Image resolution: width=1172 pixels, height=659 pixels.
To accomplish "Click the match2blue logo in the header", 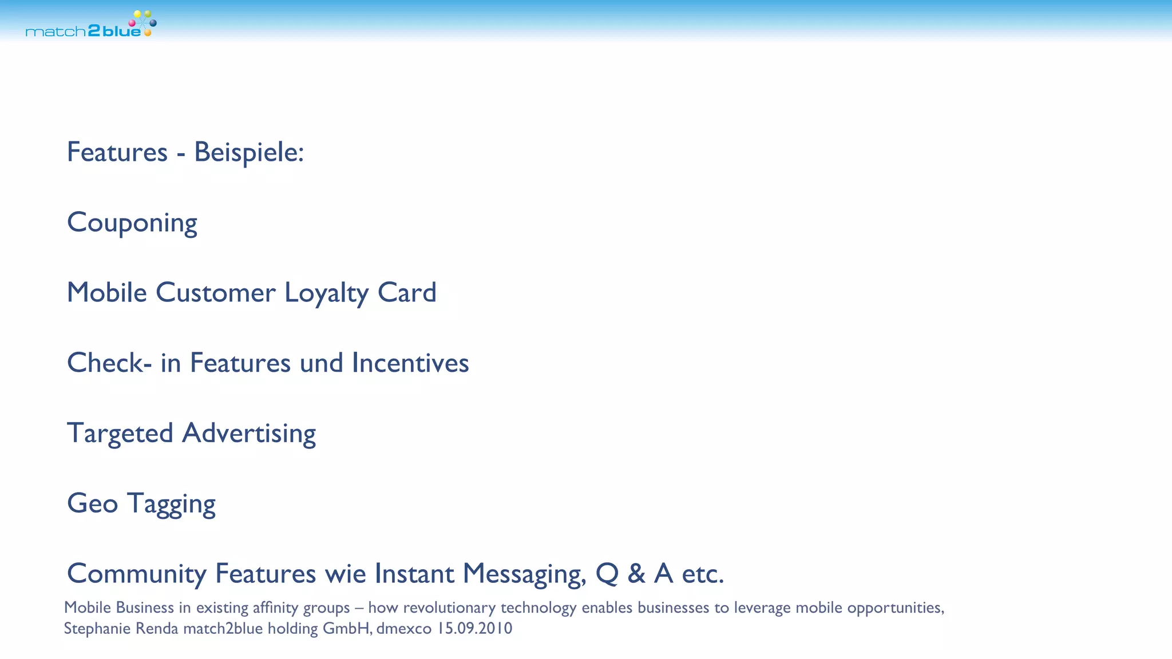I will click(x=90, y=25).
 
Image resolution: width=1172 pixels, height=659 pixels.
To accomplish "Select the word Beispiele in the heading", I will click(x=248, y=153).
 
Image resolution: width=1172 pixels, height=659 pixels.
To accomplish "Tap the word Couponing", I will click(x=132, y=223).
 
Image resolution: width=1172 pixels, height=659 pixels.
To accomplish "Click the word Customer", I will click(x=216, y=293).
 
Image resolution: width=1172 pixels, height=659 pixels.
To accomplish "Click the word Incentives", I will click(x=410, y=363).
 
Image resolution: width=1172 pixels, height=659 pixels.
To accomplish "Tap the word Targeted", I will click(x=120, y=434).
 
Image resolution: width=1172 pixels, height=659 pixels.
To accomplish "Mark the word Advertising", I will click(x=249, y=434).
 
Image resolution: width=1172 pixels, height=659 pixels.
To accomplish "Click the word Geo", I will click(x=92, y=504).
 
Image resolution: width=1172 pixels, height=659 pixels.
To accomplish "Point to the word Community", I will click(x=136, y=574).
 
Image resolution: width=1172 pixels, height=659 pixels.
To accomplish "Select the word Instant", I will click(x=414, y=574).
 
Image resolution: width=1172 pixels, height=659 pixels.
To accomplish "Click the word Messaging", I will click(x=524, y=574).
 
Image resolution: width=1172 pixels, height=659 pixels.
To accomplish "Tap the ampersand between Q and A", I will click(x=636, y=574).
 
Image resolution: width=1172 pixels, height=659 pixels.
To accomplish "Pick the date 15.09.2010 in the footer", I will click(x=474, y=629).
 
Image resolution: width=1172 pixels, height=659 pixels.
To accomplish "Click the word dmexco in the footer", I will click(x=403, y=629).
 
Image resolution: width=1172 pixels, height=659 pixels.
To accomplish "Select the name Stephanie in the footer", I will click(x=92, y=629).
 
